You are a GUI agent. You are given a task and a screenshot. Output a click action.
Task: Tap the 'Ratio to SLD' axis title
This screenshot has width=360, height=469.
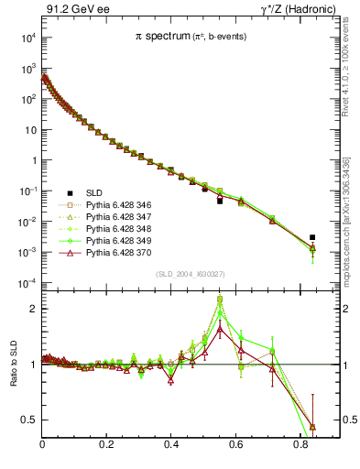click(16, 377)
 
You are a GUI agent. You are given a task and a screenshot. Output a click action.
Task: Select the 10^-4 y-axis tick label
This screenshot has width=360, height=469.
click(27, 283)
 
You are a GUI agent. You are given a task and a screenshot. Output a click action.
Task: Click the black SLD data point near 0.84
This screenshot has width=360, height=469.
click(312, 237)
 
